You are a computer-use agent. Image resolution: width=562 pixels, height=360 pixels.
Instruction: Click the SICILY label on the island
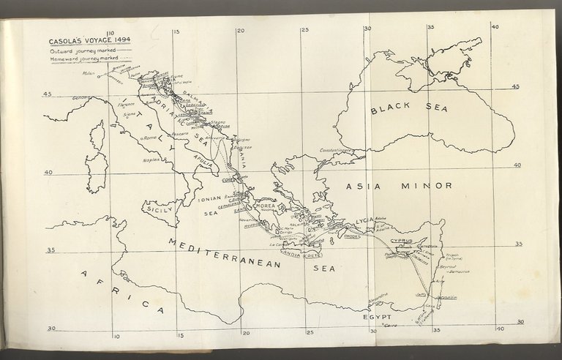pos(160,209)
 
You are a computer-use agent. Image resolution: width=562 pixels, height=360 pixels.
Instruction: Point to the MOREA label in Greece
pos(264,205)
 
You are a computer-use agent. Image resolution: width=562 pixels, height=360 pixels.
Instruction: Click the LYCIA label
pos(361,220)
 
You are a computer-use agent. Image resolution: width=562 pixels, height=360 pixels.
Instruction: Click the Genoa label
pos(78,97)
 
